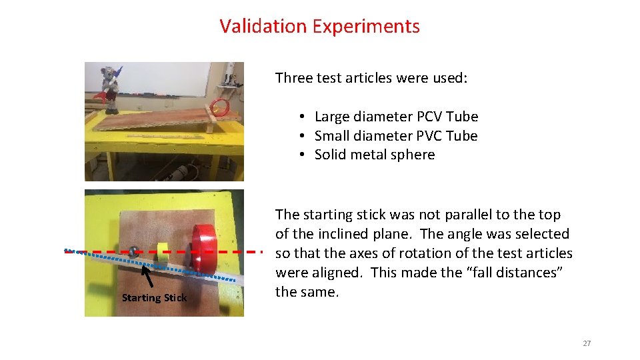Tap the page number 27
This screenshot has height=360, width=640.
pyautogui.click(x=587, y=343)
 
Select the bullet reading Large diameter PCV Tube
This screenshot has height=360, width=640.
pyautogui.click(x=396, y=117)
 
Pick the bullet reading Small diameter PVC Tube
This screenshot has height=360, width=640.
pyautogui.click(x=396, y=136)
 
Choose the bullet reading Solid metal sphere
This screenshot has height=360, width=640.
pyautogui.click(x=375, y=155)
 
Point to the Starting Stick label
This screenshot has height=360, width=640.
pyautogui.click(x=155, y=298)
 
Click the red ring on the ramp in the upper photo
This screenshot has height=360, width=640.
pyautogui.click(x=219, y=105)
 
